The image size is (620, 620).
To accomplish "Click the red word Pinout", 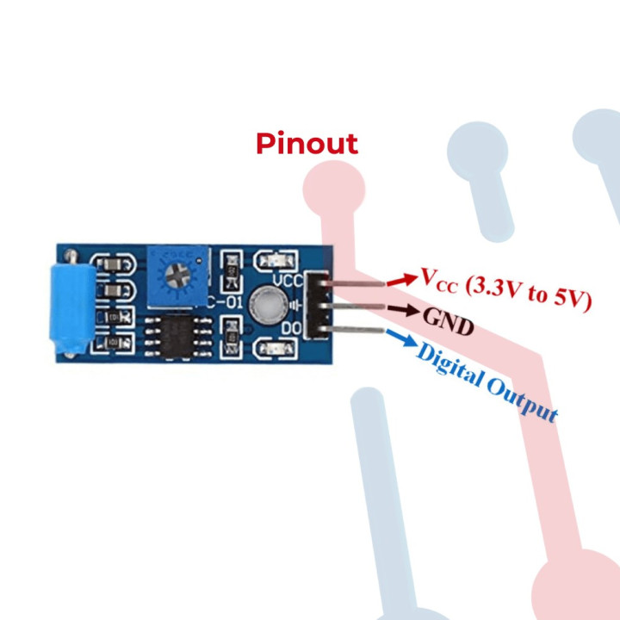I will click(x=307, y=143).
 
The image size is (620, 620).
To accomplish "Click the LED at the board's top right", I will click(x=265, y=262).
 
